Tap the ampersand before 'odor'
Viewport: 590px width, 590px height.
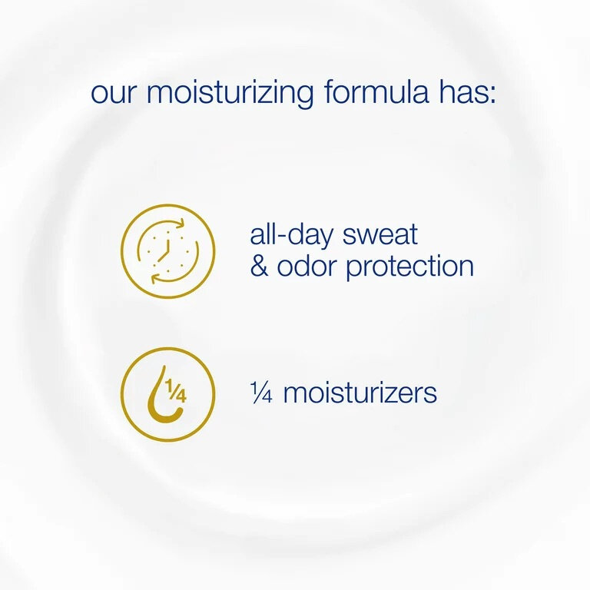pyautogui.click(x=258, y=267)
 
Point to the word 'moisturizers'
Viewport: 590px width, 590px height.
pyautogui.click(x=360, y=393)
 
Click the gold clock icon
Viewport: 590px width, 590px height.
pyautogui.click(x=167, y=250)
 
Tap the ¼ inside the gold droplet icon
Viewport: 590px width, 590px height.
pyautogui.click(x=176, y=393)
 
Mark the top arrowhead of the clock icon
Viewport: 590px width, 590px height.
pyautogui.click(x=181, y=225)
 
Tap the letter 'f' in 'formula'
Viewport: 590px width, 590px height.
pyautogui.click(x=330, y=92)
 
